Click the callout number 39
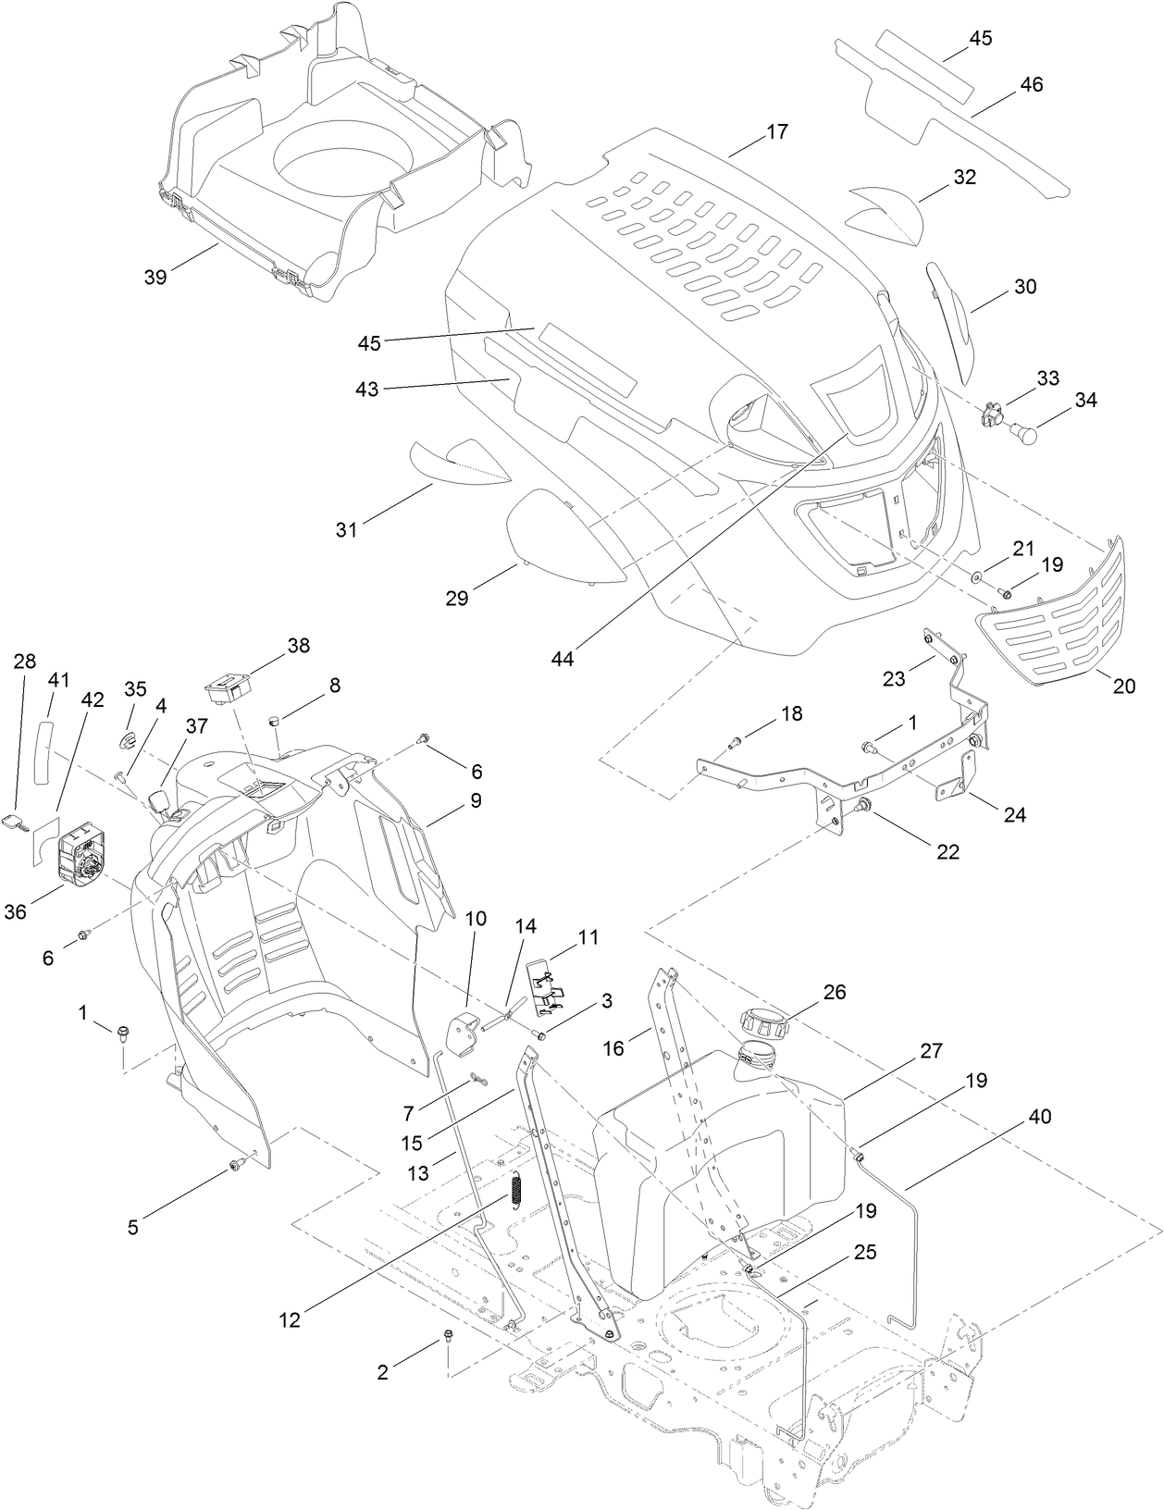(155, 276)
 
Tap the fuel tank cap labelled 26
(765, 1025)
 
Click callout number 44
(563, 658)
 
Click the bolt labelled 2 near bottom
(448, 1335)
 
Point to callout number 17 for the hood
(777, 131)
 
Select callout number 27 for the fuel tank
(930, 1050)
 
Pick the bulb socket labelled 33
(992, 412)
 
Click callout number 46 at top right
(1031, 84)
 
